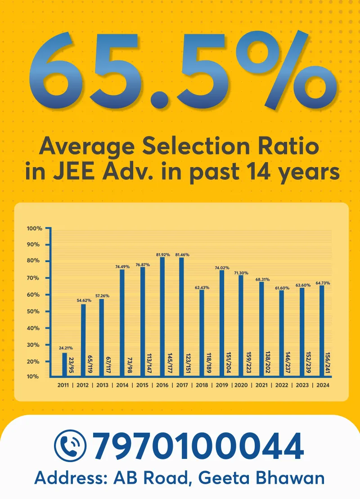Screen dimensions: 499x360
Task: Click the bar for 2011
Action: (x=64, y=364)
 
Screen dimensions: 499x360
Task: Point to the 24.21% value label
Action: (x=65, y=349)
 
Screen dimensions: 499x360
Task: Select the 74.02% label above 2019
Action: (x=222, y=268)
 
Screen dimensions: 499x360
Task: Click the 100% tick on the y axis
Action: (x=34, y=228)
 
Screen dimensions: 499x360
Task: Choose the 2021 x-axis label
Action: (x=262, y=386)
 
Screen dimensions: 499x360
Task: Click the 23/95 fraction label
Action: (x=72, y=365)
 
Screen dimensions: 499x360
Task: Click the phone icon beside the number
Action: (x=70, y=445)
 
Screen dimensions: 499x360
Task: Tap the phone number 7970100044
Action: (x=198, y=445)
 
